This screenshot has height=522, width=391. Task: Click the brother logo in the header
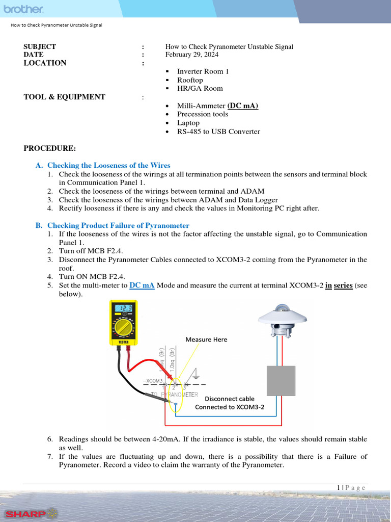tap(24, 10)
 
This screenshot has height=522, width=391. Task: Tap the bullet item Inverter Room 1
tap(203, 71)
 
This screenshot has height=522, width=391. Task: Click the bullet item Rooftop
tap(190, 80)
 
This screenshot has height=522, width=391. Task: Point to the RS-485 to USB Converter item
tap(218, 132)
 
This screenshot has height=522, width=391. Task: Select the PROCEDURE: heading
tap(49, 148)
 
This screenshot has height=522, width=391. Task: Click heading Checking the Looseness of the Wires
tap(108, 165)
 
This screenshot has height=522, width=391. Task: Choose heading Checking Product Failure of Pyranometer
tap(118, 225)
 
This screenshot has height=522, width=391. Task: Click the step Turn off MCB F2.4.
tap(91, 251)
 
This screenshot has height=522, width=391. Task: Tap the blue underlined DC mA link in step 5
tap(142, 285)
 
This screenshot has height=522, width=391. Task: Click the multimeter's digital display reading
tap(124, 309)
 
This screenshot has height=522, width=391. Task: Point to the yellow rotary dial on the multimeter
tap(124, 327)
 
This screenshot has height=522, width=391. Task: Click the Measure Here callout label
tap(206, 340)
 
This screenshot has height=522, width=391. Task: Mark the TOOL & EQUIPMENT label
tap(64, 97)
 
